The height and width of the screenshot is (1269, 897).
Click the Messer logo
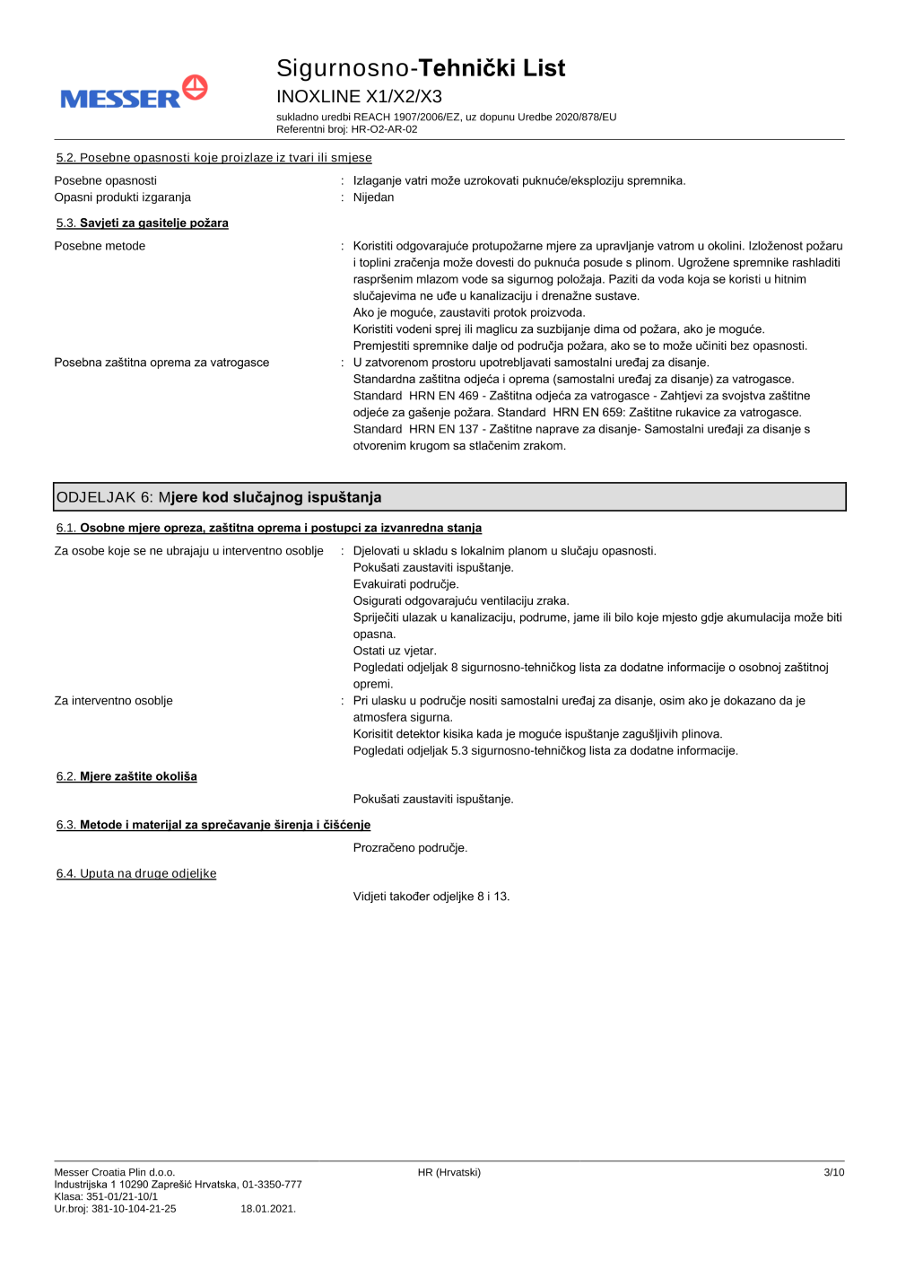pyautogui.click(x=134, y=93)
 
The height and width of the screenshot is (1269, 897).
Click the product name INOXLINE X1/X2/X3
pyautogui.click(x=359, y=96)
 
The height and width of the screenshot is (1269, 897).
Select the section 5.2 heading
pyautogui.click(x=213, y=158)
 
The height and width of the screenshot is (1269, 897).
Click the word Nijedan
pyautogui.click(x=373, y=197)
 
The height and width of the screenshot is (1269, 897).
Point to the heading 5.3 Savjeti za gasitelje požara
pyautogui.click(x=143, y=223)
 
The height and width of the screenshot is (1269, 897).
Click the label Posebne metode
pyautogui.click(x=100, y=246)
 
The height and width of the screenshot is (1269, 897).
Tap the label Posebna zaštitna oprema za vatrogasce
pyautogui.click(x=161, y=363)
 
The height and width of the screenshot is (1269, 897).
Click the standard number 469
pyautogui.click(x=468, y=396)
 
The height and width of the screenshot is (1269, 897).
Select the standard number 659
pyautogui.click(x=612, y=413)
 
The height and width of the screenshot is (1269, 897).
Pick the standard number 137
pyautogui.click(x=468, y=429)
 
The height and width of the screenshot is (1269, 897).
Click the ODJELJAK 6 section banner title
pyautogui.click(x=219, y=497)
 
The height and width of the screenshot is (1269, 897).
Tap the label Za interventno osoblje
pyautogui.click(x=113, y=701)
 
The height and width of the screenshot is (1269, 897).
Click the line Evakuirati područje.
pyautogui.click(x=405, y=584)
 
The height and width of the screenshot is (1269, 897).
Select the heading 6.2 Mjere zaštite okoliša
pyautogui.click(x=126, y=776)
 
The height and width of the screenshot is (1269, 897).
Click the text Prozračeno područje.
pyautogui.click(x=410, y=848)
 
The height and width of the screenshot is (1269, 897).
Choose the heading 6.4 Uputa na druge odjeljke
pyautogui.click(x=136, y=873)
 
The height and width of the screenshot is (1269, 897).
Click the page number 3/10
pyautogui.click(x=833, y=1172)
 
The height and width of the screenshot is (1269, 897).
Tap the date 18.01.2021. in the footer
pyautogui.click(x=268, y=1209)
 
